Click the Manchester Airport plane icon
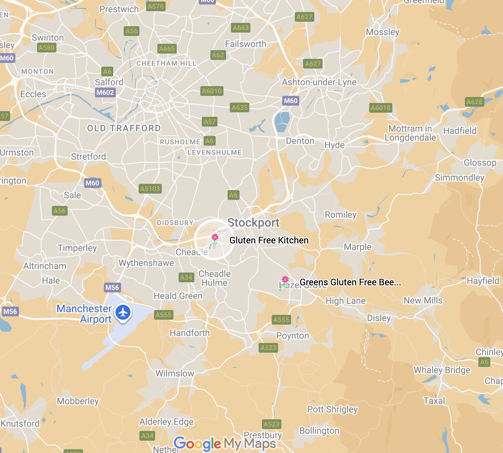pos(123,313)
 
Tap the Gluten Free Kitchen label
pos(269,240)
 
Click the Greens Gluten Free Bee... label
pos(350,282)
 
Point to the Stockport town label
pos(253,223)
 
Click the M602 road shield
pos(105,92)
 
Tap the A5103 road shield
pos(150,189)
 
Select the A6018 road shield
pos(380,108)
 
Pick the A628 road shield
pos(474,102)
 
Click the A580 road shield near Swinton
pos(46,48)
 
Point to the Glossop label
pos(480,163)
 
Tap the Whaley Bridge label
pos(442,370)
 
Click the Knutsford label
pos(20,423)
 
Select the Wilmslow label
pos(175,373)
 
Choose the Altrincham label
pos(45,266)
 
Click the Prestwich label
pos(119,9)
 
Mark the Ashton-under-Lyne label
pos(319,82)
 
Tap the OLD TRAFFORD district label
pos(124,128)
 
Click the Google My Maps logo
pos(225,444)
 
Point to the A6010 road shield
pos(212,91)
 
